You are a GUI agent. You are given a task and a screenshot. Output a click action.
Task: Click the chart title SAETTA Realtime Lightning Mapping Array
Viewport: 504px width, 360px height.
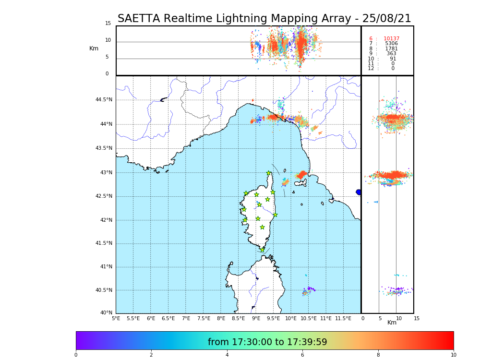tap(264, 19)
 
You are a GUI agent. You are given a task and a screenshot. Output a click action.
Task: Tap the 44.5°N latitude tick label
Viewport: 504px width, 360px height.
tap(104, 100)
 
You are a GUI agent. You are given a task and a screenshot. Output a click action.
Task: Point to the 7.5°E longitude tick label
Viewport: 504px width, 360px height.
tap(204, 318)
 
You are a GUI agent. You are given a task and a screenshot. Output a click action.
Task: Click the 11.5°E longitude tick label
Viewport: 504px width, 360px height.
tap(343, 318)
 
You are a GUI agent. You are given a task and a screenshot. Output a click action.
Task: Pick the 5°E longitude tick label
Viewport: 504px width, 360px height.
tap(116, 318)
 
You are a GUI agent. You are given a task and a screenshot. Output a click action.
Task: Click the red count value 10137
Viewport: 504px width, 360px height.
tap(391, 39)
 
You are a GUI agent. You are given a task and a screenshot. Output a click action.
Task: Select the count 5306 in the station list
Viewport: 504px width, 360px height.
tap(391, 44)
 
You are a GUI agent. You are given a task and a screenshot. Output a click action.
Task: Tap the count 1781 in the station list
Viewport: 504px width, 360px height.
tap(391, 49)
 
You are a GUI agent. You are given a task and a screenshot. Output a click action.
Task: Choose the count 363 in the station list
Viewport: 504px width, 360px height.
tap(391, 54)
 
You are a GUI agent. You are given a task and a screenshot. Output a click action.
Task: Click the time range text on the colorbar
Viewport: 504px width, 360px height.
tap(267, 342)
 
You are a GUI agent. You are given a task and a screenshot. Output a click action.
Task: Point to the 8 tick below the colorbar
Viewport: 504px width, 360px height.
tap(378, 355)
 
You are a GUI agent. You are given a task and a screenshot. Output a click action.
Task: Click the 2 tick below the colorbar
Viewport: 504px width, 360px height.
tap(151, 355)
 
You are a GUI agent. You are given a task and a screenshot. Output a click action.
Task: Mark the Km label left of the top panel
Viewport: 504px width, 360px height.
tap(94, 48)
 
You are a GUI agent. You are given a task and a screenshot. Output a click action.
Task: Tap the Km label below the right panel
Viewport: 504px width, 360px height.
tap(392, 323)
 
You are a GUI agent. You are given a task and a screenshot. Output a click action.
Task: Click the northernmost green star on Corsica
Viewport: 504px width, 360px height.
tap(269, 173)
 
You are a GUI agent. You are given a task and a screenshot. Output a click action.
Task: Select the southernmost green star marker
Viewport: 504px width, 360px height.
tap(262, 250)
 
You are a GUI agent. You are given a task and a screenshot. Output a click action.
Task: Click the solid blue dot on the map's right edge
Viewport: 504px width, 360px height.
tap(359, 192)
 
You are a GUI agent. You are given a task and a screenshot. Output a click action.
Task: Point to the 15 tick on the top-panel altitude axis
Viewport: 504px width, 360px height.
tap(108, 24)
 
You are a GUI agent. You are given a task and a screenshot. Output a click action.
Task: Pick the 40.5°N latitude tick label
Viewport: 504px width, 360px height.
tap(104, 290)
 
